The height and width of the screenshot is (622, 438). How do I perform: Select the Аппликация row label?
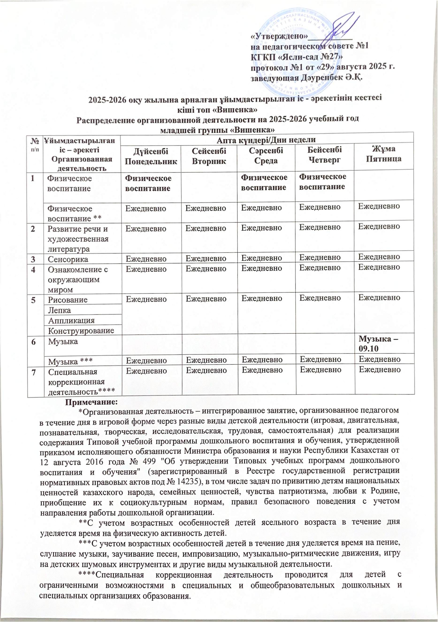pos(71,320)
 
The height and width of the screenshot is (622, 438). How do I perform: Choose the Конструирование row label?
pos(81,330)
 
